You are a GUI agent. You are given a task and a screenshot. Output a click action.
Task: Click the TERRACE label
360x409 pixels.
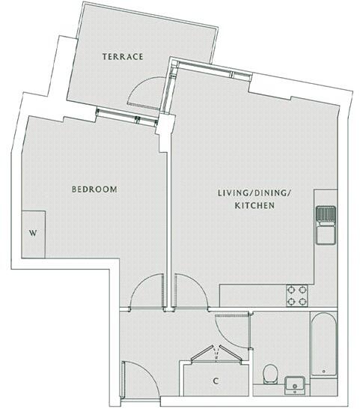tap(123, 57)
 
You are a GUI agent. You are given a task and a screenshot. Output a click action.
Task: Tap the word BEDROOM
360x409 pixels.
tap(94, 190)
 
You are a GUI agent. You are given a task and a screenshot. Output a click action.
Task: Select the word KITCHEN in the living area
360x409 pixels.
tap(253, 204)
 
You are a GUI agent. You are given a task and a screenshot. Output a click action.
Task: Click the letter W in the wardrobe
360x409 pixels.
tap(32, 233)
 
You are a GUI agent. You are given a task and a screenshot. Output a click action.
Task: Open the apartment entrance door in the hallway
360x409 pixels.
tap(138, 378)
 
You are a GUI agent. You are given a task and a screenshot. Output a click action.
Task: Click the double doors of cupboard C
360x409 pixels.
tap(215, 355)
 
